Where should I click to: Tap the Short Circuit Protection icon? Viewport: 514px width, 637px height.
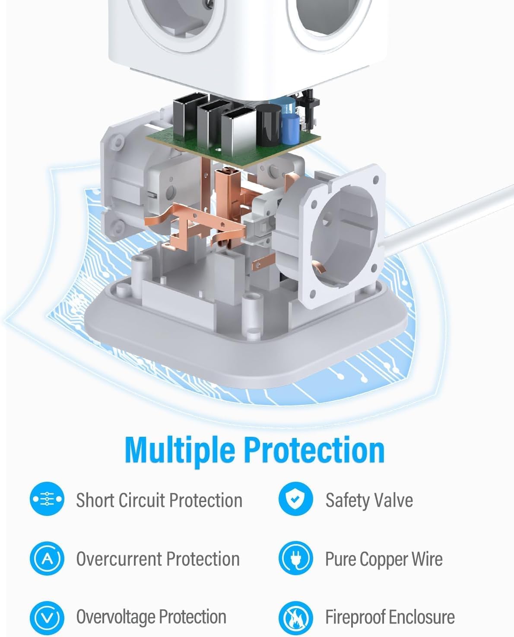[x=47, y=499]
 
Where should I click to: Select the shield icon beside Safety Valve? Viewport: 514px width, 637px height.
[x=296, y=499]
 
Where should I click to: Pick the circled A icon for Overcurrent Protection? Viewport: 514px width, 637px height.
[x=47, y=558]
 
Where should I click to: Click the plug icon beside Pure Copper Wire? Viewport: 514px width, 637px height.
[x=296, y=558]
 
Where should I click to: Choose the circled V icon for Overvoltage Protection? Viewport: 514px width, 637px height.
[x=47, y=617]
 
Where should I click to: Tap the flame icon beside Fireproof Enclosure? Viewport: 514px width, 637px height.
[x=296, y=617]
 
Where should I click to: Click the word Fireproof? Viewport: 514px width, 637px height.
[x=355, y=617]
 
